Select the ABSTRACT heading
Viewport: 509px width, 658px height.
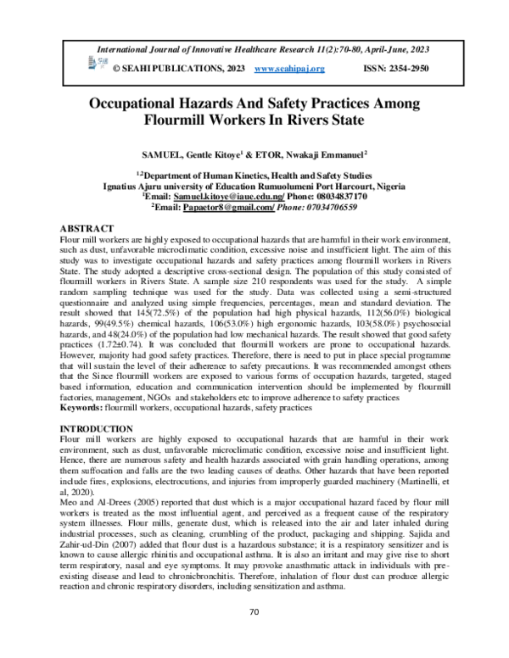[87, 230]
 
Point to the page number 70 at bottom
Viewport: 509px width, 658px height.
[254, 635]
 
